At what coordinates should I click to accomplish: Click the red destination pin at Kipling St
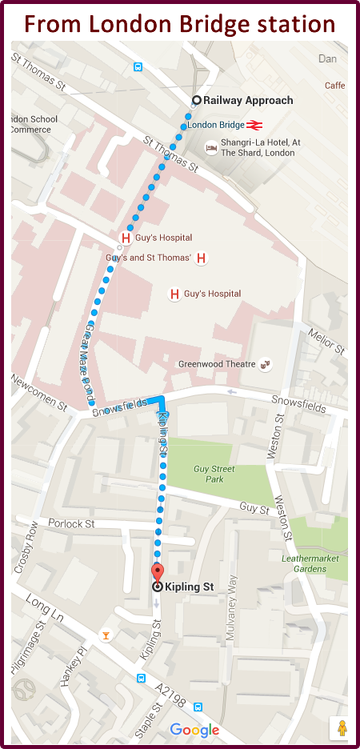tap(158, 572)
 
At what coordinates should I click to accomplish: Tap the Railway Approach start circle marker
tap(196, 100)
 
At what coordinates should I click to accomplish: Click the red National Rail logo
tap(254, 125)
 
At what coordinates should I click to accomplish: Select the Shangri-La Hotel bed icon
tap(211, 147)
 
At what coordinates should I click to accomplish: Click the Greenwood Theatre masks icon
tap(265, 364)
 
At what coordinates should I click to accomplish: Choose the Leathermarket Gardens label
tap(315, 563)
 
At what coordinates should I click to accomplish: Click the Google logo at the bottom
tap(194, 730)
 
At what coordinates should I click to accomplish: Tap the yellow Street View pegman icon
tap(342, 728)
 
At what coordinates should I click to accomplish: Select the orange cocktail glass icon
tap(105, 636)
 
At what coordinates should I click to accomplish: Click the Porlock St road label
tap(72, 524)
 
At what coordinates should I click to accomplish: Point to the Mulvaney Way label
tap(233, 598)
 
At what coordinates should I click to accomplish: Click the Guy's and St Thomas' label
tap(149, 258)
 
